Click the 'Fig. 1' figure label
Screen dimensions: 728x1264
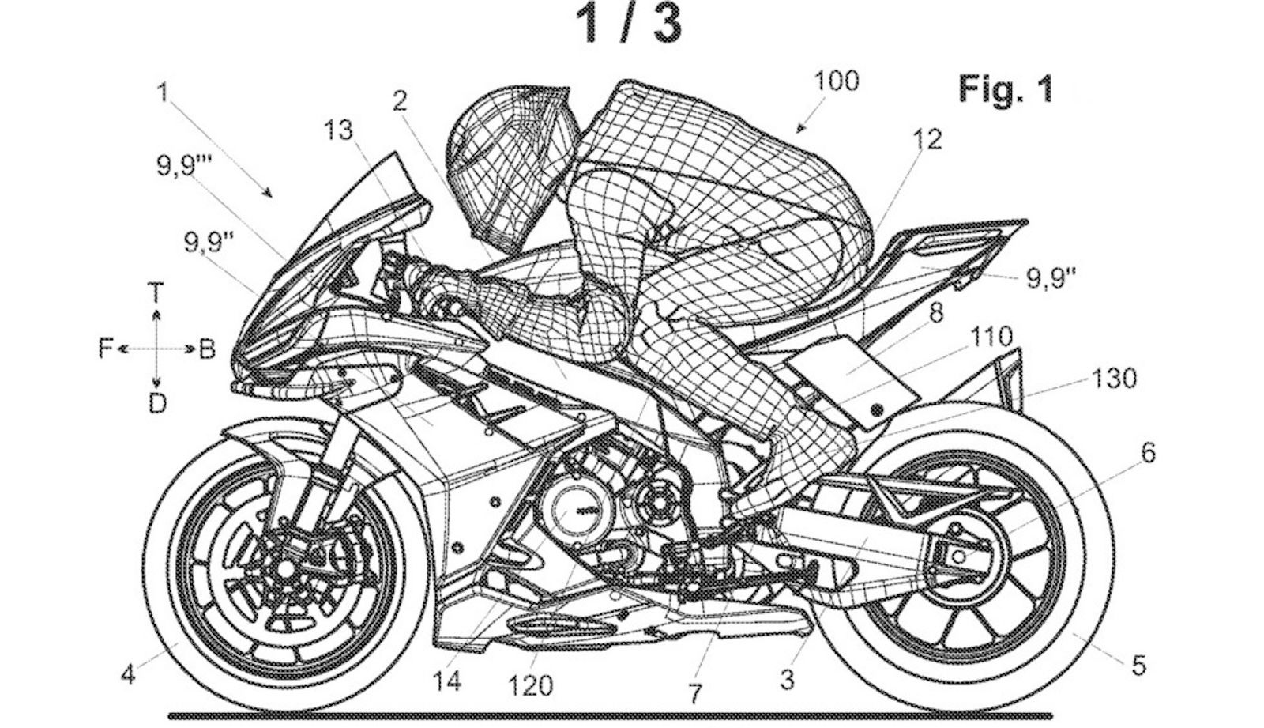click(1006, 89)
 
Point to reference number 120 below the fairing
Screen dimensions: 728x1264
click(530, 686)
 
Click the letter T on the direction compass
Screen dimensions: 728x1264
click(156, 294)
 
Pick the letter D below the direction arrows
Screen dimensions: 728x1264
click(157, 403)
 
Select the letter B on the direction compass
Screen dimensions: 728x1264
click(206, 349)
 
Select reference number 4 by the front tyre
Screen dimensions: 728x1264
click(129, 675)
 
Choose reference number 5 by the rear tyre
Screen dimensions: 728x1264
click(1138, 666)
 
